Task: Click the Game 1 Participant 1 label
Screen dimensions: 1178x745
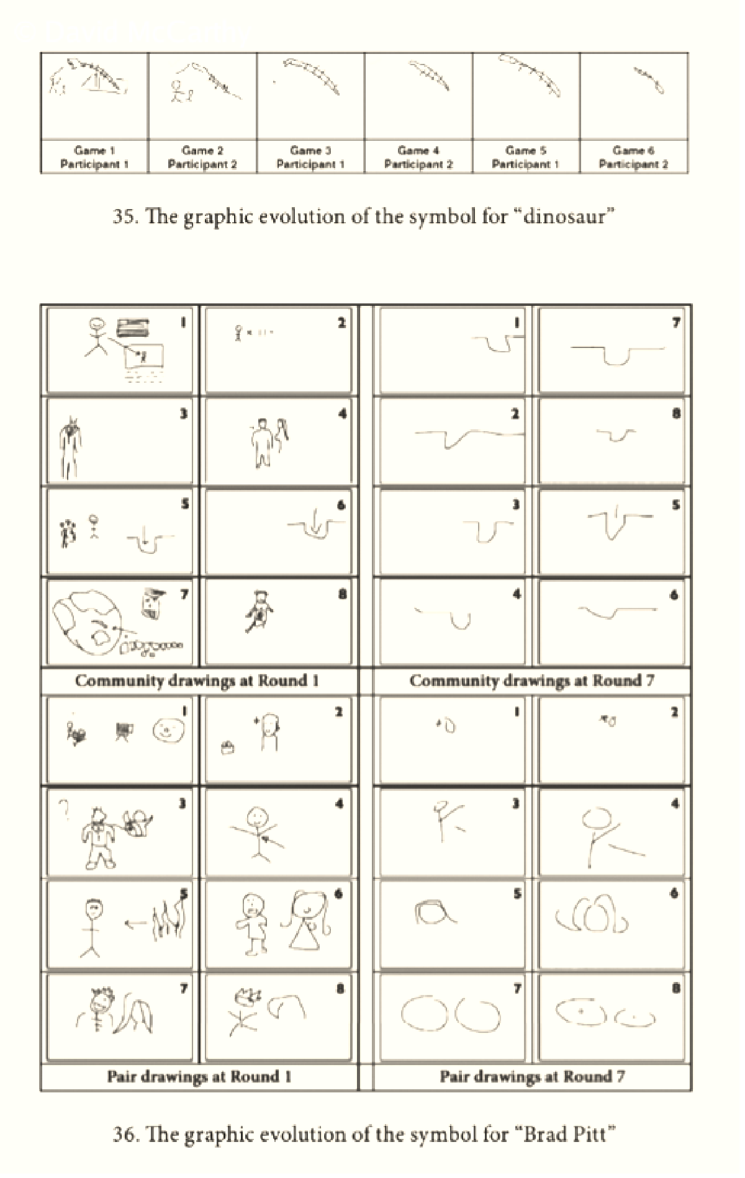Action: click(x=94, y=157)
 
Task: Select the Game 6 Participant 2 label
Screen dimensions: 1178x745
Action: click(x=633, y=157)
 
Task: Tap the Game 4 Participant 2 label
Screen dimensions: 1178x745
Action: click(x=418, y=157)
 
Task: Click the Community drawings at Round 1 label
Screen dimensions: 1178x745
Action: click(x=197, y=680)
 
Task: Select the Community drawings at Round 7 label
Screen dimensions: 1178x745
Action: click(x=531, y=680)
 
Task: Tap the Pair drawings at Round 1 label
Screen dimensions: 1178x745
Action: click(x=199, y=1076)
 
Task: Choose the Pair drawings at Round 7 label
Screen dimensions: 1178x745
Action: click(x=532, y=1076)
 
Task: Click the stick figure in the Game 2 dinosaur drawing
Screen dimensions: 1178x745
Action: click(x=179, y=92)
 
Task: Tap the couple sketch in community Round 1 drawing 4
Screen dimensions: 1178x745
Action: click(x=271, y=440)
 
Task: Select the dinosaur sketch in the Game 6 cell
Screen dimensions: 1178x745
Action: click(x=649, y=81)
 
